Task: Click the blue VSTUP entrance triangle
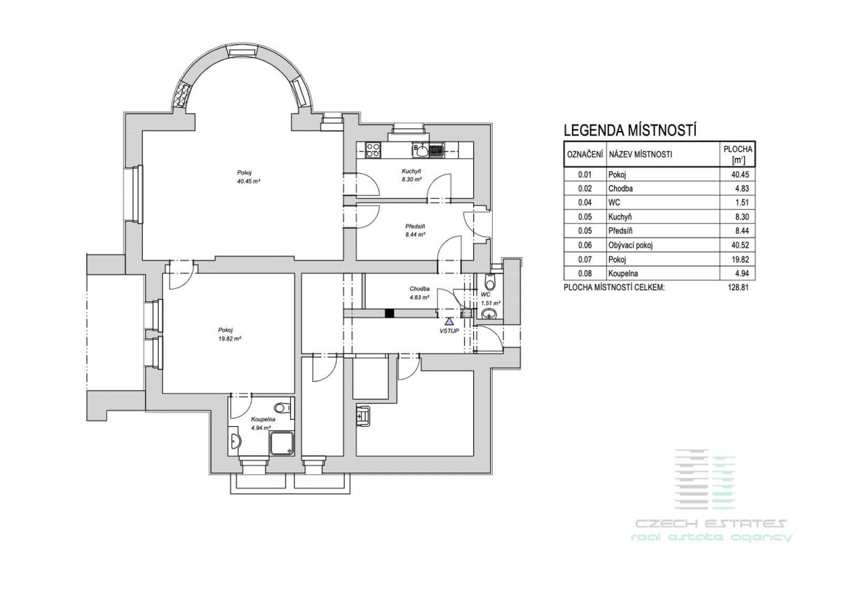pos(449,322)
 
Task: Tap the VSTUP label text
pos(449,331)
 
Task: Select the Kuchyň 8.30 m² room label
pos(411,175)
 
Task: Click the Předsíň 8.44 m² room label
pos(415,231)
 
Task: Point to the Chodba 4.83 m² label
pos(419,293)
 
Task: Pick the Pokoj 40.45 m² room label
pos(249,177)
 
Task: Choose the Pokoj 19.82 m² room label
pos(229,334)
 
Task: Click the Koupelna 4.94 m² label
pos(264,423)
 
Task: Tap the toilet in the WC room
pos(490,280)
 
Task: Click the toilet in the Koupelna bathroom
pos(283,407)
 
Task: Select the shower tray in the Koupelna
pos(282,443)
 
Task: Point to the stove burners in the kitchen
pos(373,150)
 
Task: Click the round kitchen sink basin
pos(423,151)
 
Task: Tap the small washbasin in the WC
pos(490,313)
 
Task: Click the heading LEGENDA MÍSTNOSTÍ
pos(630,130)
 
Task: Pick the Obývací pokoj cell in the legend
pos(631,245)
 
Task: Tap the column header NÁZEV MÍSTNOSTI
pos(641,154)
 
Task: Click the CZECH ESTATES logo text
pos(711,523)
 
